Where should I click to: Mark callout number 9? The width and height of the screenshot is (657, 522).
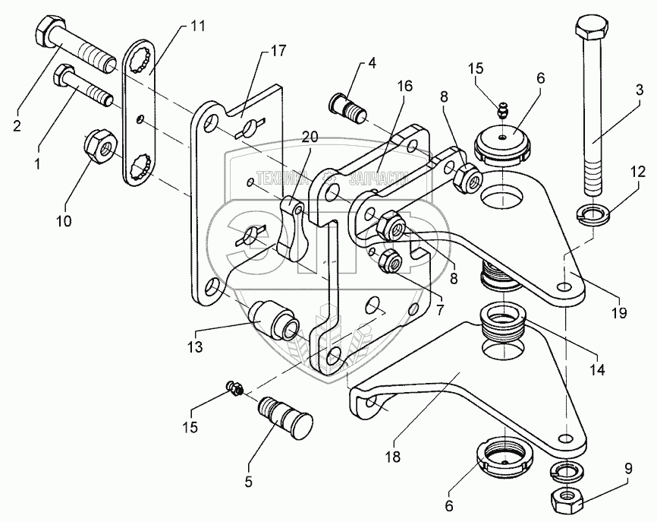click(627, 468)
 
